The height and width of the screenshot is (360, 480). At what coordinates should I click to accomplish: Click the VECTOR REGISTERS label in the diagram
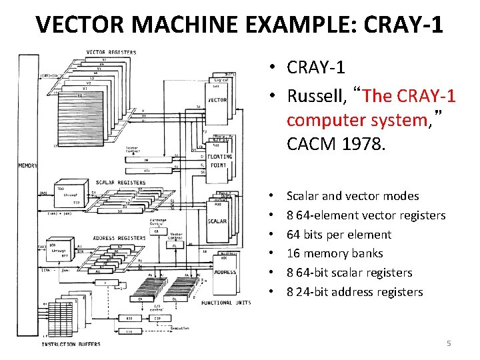pyautogui.click(x=112, y=52)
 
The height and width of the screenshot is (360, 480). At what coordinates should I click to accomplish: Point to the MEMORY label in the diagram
pyautogui.click(x=28, y=166)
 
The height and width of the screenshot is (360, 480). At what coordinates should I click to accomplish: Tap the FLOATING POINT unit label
pyautogui.click(x=218, y=161)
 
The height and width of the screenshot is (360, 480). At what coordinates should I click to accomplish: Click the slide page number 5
pyautogui.click(x=449, y=343)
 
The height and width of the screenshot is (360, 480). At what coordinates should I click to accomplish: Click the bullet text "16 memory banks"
pyautogui.click(x=335, y=253)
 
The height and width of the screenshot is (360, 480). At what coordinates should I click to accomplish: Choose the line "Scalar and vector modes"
pyautogui.click(x=353, y=196)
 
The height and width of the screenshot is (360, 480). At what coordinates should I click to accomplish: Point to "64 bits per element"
pyautogui.click(x=339, y=234)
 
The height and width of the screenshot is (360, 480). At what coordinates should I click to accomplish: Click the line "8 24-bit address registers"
pyautogui.click(x=355, y=291)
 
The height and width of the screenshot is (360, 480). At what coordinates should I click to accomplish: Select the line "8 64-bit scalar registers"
pyautogui.click(x=349, y=273)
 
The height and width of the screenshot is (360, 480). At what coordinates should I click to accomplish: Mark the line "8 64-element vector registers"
pyautogui.click(x=366, y=215)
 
